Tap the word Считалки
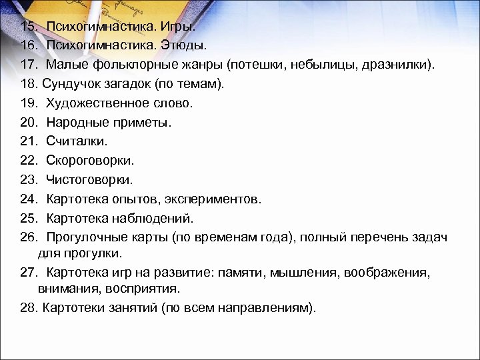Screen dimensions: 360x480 pos(76,141)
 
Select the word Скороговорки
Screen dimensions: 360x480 pos(90,161)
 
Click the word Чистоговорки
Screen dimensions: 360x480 pos(89,179)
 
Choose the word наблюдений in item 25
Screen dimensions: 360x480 pos(155,217)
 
